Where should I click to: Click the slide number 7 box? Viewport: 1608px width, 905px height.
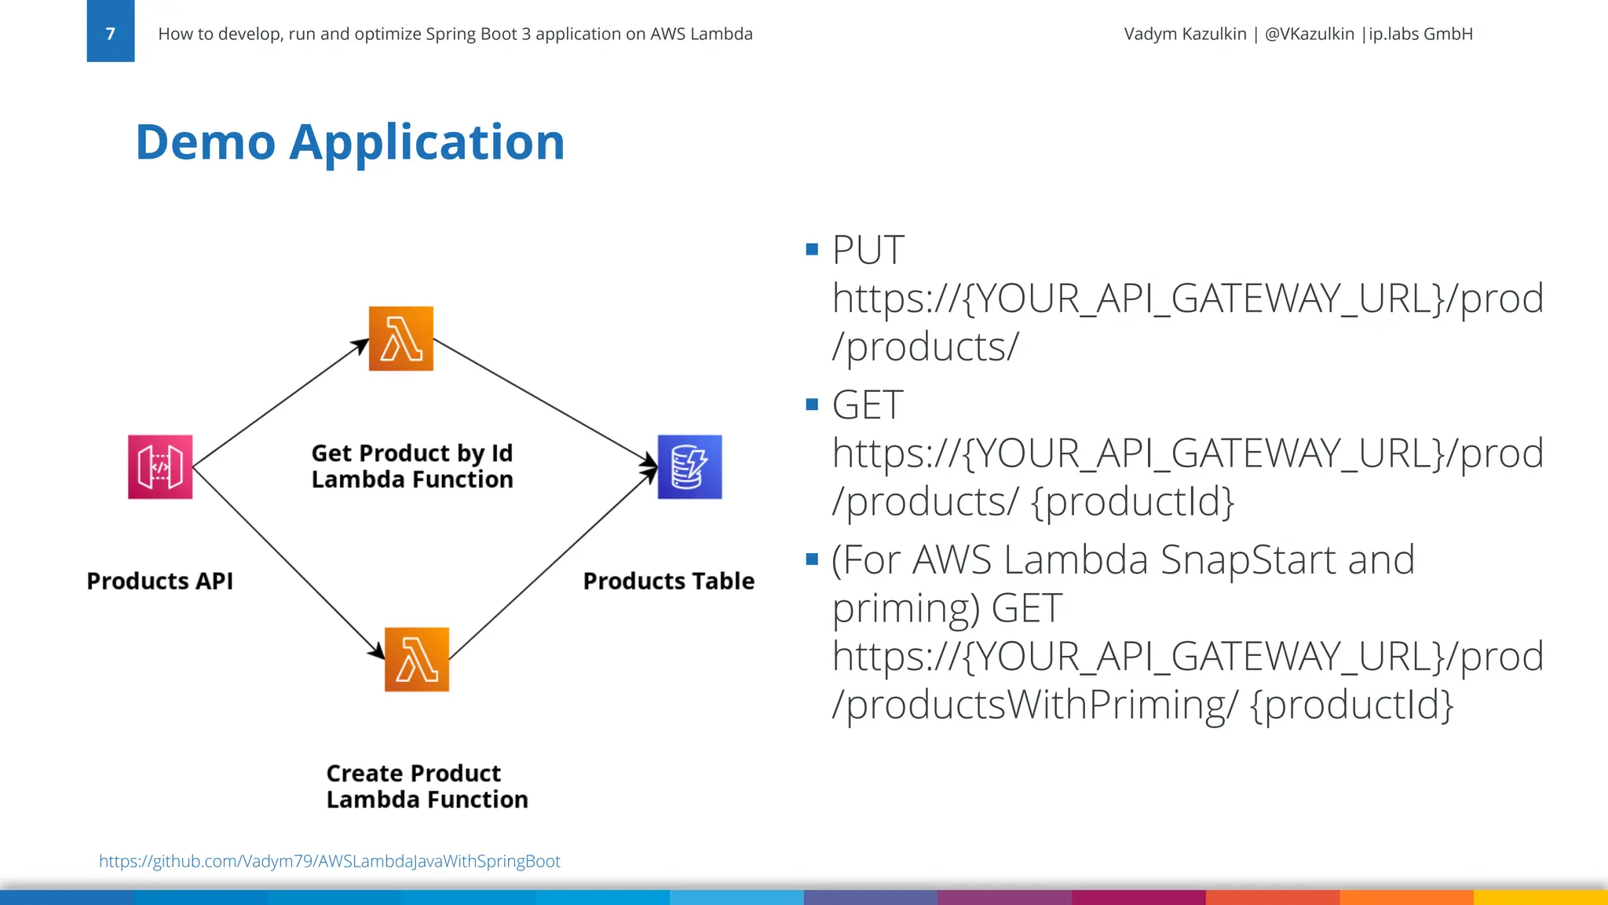click(110, 31)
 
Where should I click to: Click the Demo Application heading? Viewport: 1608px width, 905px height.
click(349, 142)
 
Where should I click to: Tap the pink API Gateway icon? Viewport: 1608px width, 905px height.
click(160, 467)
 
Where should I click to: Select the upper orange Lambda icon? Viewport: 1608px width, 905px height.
click(401, 339)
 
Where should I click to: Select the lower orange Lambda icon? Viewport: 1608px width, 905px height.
click(417, 659)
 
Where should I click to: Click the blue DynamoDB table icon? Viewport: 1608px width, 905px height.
click(689, 467)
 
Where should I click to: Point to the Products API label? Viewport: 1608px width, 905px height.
click(159, 581)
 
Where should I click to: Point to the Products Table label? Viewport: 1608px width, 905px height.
click(668, 581)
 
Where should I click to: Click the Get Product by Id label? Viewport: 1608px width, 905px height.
click(411, 453)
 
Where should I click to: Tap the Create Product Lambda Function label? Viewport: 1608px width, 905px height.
click(426, 786)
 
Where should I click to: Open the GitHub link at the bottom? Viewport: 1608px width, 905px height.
click(329, 861)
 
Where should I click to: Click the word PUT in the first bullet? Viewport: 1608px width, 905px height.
click(868, 251)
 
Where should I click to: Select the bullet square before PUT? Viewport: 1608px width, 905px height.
click(812, 251)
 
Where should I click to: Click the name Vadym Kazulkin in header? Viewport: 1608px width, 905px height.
click(1184, 34)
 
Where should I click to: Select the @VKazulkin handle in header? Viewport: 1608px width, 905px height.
click(1309, 34)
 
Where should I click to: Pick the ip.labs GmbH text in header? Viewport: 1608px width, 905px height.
click(1420, 34)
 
